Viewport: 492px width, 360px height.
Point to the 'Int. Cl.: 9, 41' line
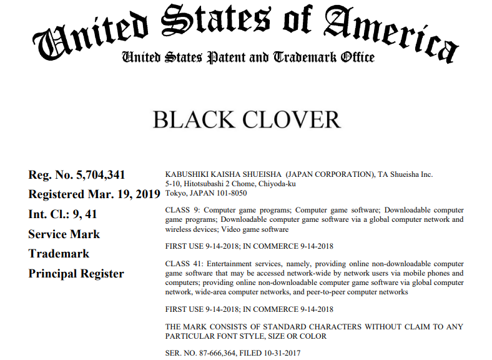tap(62, 214)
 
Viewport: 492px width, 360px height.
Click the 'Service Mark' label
tap(64, 234)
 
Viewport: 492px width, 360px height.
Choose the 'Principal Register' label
tap(76, 274)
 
